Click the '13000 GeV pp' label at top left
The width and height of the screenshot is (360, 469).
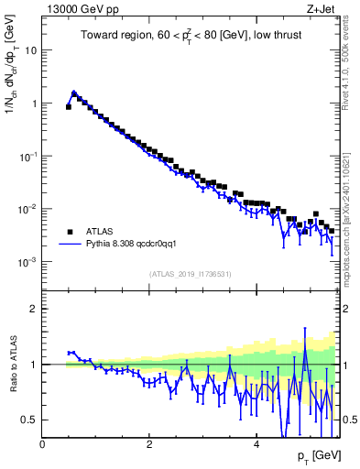tap(78, 9)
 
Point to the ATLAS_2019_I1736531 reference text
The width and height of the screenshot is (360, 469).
tap(190, 274)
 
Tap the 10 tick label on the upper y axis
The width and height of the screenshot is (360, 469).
tap(31, 50)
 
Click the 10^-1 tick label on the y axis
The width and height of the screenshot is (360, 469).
tap(27, 156)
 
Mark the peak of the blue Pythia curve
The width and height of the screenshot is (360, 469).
tap(74, 93)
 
